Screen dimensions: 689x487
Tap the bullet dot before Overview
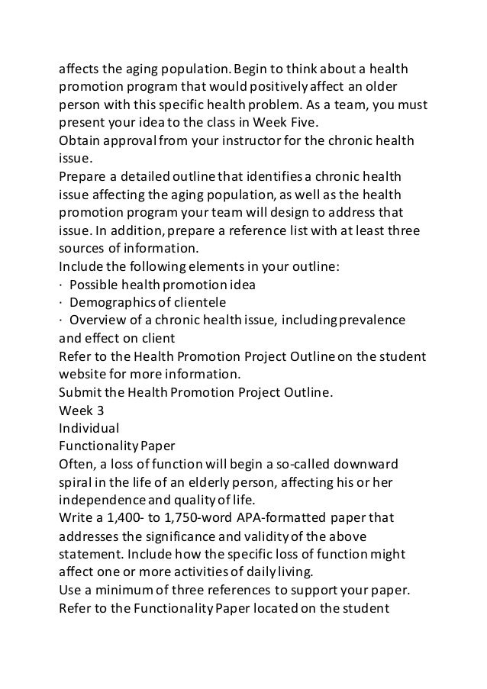coord(62,319)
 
